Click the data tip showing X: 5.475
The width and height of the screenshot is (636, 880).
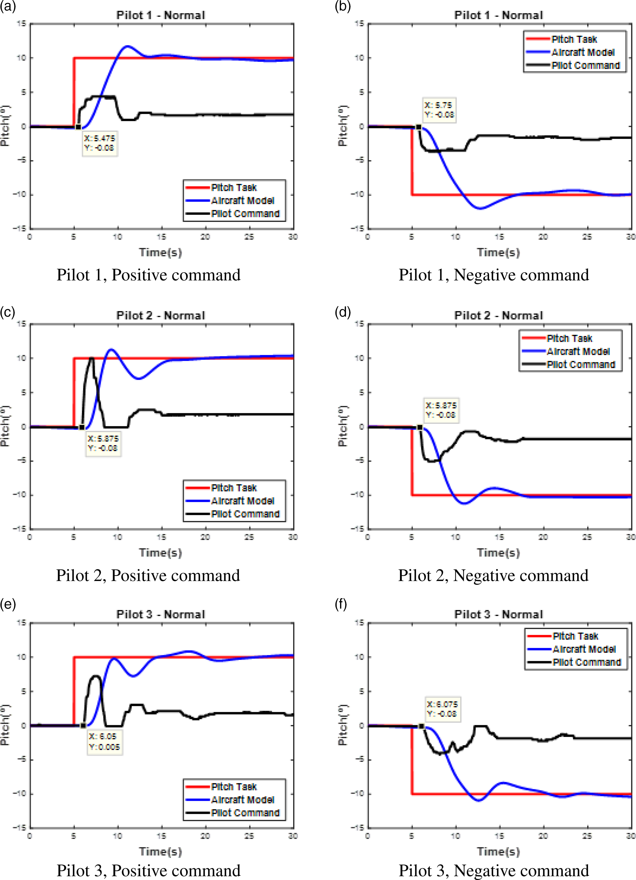pos(99,143)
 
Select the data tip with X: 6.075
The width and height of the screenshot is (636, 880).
pos(442,709)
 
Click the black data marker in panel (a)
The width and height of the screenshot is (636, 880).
pos(78,127)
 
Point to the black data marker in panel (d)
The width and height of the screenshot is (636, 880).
pos(420,427)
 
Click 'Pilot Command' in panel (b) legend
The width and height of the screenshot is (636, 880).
pos(585,65)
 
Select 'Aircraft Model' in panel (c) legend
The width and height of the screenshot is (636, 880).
pos(243,501)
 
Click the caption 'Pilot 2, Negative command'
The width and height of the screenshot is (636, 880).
pos(493,575)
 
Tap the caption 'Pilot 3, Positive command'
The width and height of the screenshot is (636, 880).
pos(148,870)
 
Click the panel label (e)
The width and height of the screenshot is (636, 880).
pos(8,604)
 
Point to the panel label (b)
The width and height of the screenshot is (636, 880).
pos(343,6)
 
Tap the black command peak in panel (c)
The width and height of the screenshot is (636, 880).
pos(92,358)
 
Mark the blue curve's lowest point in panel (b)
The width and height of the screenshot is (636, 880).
pos(480,209)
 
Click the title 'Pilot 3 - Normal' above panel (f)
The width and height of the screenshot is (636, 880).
pos(498,615)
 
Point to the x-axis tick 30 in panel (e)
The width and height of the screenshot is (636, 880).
pos(293,835)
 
